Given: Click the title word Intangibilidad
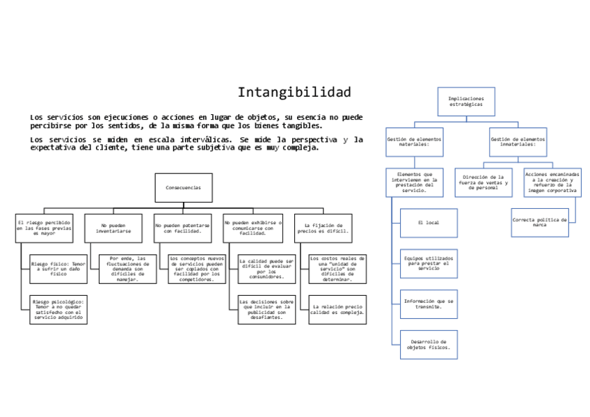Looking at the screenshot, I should tap(294, 93).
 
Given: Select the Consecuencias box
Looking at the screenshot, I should tap(183, 188).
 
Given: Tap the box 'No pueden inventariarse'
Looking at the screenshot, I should tap(113, 228).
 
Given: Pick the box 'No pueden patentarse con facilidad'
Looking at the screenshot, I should tap(183, 228).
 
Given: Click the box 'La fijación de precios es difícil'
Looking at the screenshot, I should tap(323, 228).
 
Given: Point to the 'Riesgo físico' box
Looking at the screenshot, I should tap(58, 269).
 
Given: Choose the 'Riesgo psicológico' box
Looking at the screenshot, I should tap(58, 310).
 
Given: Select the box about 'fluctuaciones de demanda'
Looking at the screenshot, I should tap(127, 269).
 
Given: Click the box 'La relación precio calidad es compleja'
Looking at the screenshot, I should tap(337, 310).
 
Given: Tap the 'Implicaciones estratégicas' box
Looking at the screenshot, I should tap(466, 102).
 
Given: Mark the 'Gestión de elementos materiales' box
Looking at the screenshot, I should tap(414, 142).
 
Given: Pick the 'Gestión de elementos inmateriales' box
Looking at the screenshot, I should tap(518, 142).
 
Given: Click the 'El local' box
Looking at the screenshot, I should tap(429, 223).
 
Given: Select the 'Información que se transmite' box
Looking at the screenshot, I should tap(429, 304).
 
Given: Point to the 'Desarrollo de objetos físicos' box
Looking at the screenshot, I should tap(429, 345).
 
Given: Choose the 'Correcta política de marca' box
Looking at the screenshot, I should tap(540, 223).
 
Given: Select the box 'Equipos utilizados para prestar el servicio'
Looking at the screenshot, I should tap(429, 264).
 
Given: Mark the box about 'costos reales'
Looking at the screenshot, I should tap(337, 269).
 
